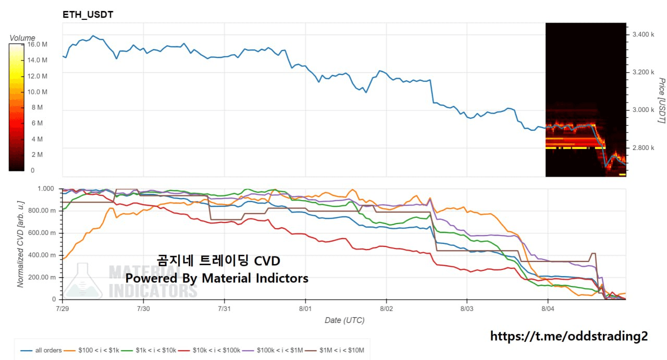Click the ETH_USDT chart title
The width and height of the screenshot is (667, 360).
(x=88, y=15)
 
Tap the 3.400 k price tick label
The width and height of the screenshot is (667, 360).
(x=643, y=34)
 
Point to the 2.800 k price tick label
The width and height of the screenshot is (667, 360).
(x=643, y=148)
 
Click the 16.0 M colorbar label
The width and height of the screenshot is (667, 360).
(x=37, y=44)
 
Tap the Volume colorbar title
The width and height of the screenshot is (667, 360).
(x=22, y=38)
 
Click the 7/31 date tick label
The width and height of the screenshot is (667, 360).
(x=224, y=308)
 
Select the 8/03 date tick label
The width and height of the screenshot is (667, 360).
(x=467, y=308)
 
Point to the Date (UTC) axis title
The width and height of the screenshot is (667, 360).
(x=344, y=320)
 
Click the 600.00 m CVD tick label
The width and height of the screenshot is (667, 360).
(x=44, y=233)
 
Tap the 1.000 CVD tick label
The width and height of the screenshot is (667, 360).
(x=47, y=188)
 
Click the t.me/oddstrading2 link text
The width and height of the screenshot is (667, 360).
(x=569, y=336)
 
